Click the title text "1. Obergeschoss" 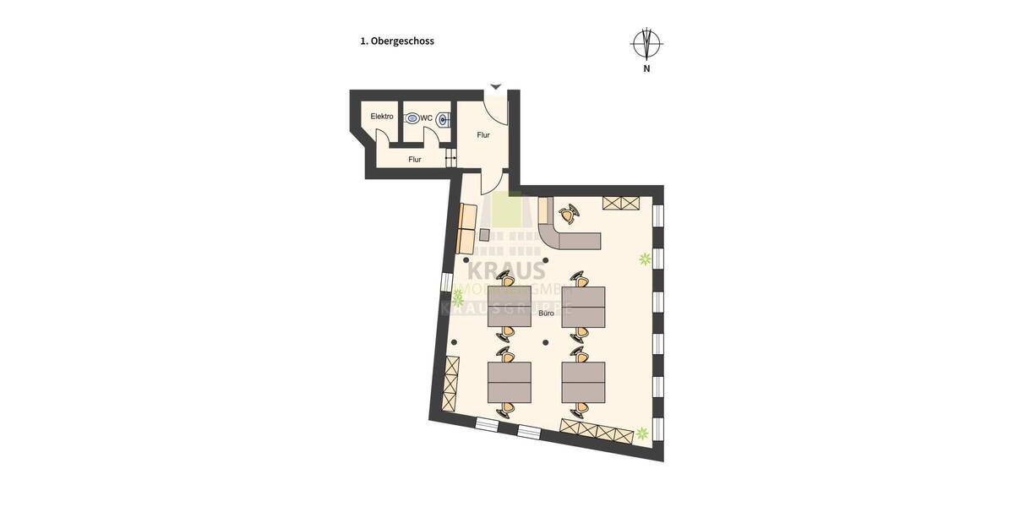(x=396, y=41)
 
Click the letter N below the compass (x=646, y=69)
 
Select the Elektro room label (x=382, y=117)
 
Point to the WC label (x=427, y=118)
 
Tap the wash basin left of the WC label (x=412, y=119)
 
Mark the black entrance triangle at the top (x=496, y=86)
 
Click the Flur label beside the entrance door (x=483, y=135)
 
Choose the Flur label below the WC (x=415, y=159)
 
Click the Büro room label (x=547, y=313)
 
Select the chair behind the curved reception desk (x=570, y=214)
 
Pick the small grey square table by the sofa (x=485, y=235)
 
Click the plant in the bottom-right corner (x=642, y=433)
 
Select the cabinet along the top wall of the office (x=621, y=203)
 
